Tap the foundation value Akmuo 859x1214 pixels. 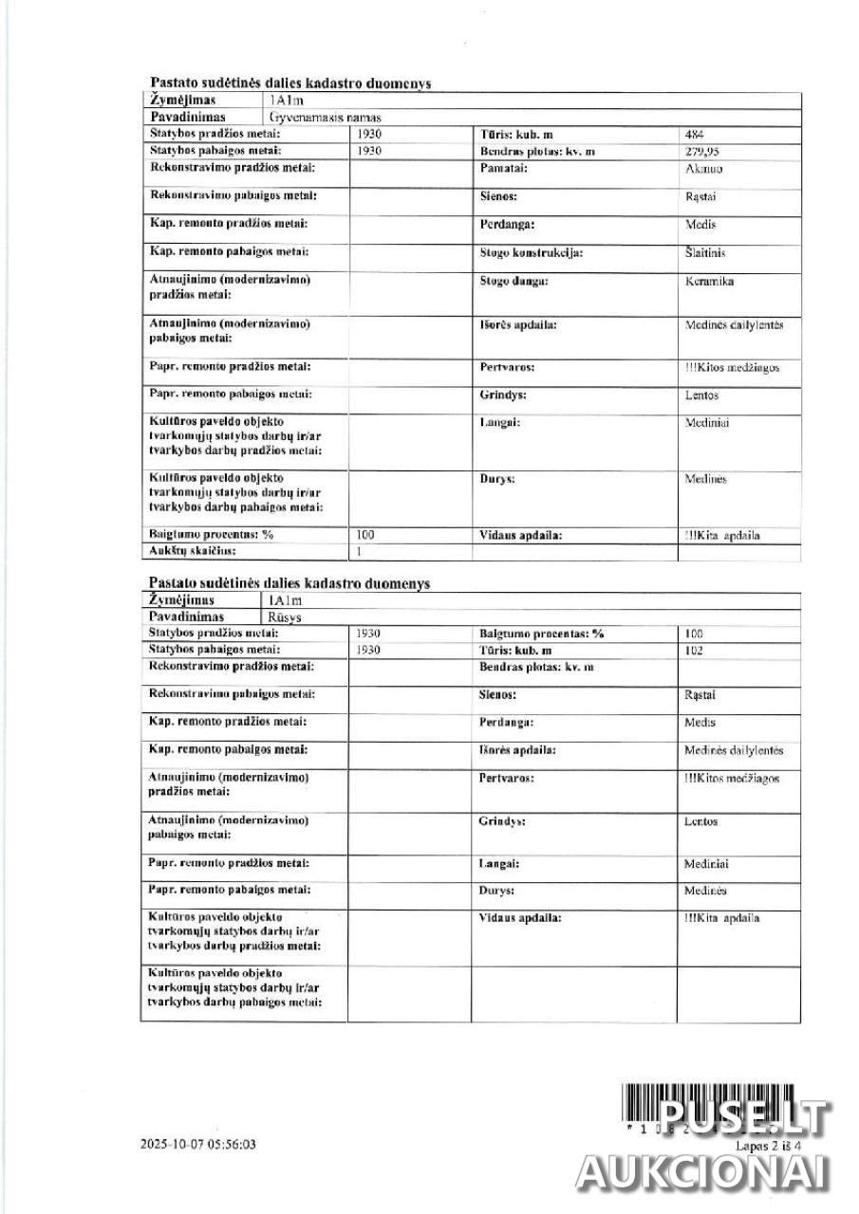pyautogui.click(x=702, y=168)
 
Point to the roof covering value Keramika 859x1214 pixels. pyautogui.click(x=709, y=282)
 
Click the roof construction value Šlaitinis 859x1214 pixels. pyautogui.click(x=705, y=253)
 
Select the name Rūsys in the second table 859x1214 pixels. pyautogui.click(x=287, y=616)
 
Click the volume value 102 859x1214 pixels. pyautogui.click(x=693, y=650)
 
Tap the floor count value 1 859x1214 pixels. pyautogui.click(x=359, y=551)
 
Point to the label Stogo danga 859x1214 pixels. pyautogui.click(x=514, y=282)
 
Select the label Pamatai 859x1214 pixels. pyautogui.click(x=504, y=168)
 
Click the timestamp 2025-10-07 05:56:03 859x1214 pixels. pyautogui.click(x=197, y=1145)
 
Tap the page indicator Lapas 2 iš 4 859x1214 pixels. pyautogui.click(x=769, y=1146)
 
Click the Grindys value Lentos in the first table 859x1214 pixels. pyautogui.click(x=701, y=395)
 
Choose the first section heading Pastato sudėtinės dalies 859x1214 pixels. pyautogui.click(x=289, y=83)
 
